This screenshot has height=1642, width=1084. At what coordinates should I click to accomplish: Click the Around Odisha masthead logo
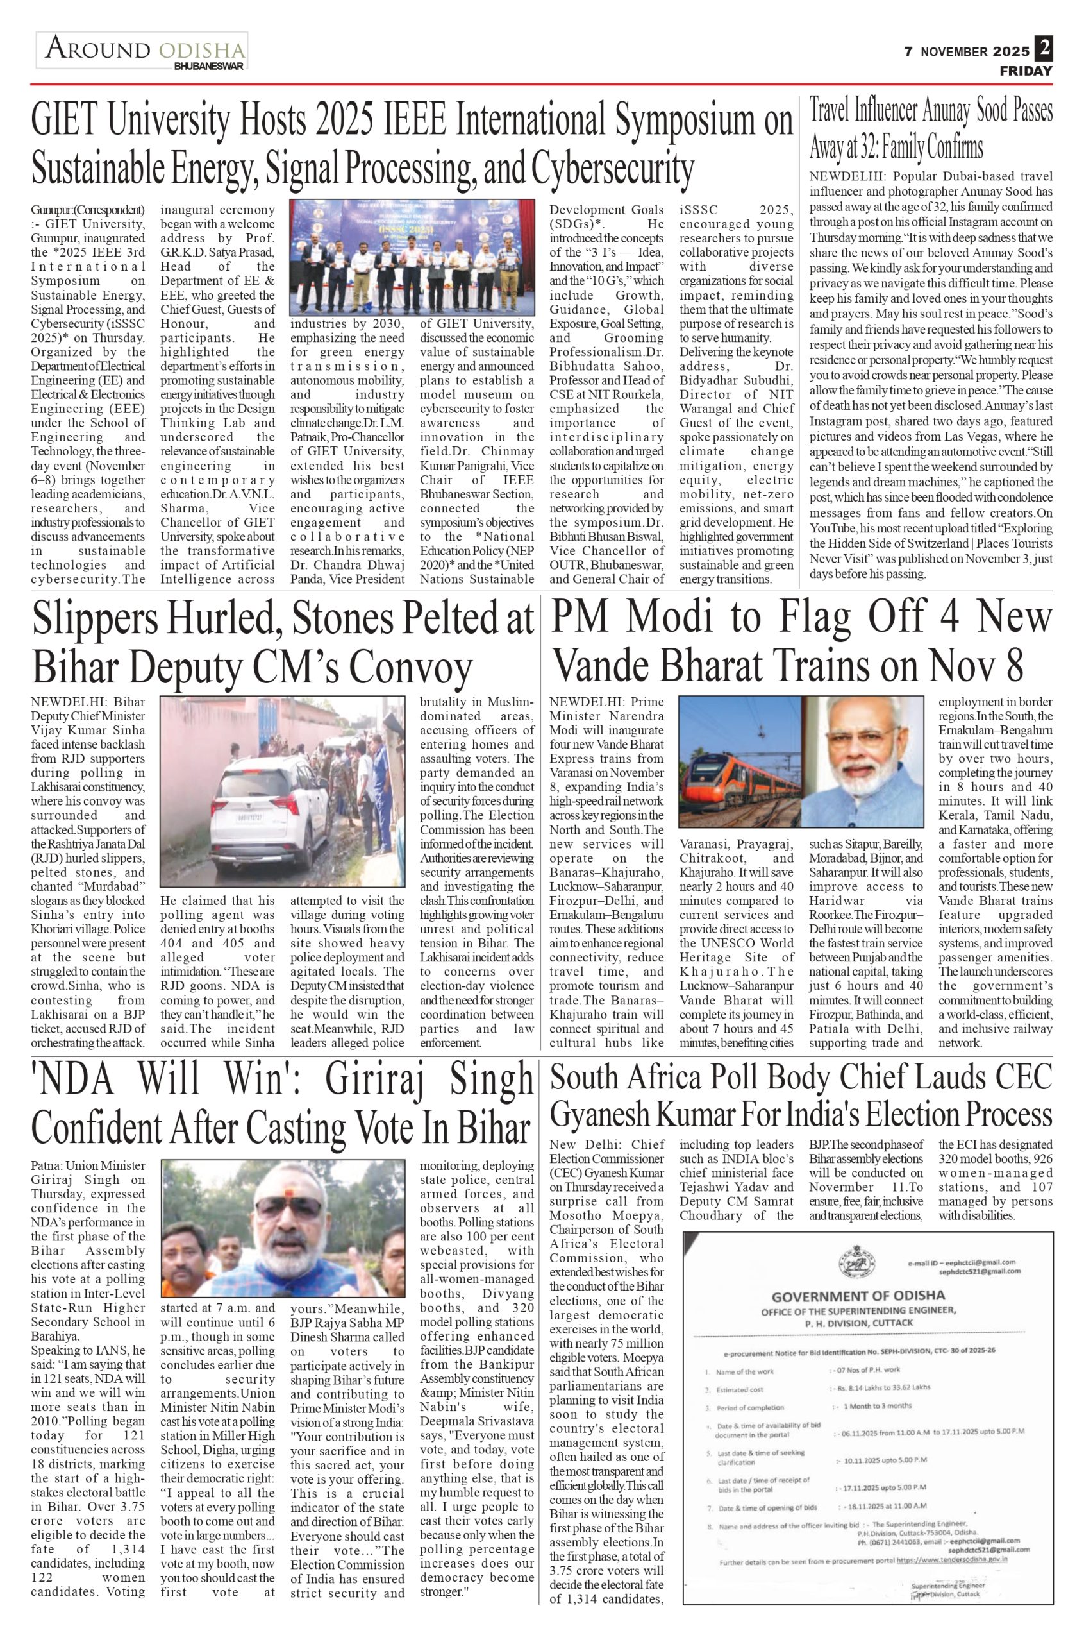[x=142, y=50]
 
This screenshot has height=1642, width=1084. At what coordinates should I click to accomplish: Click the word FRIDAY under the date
[x=1026, y=71]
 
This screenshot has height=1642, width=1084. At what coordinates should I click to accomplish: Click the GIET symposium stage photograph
[x=412, y=257]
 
